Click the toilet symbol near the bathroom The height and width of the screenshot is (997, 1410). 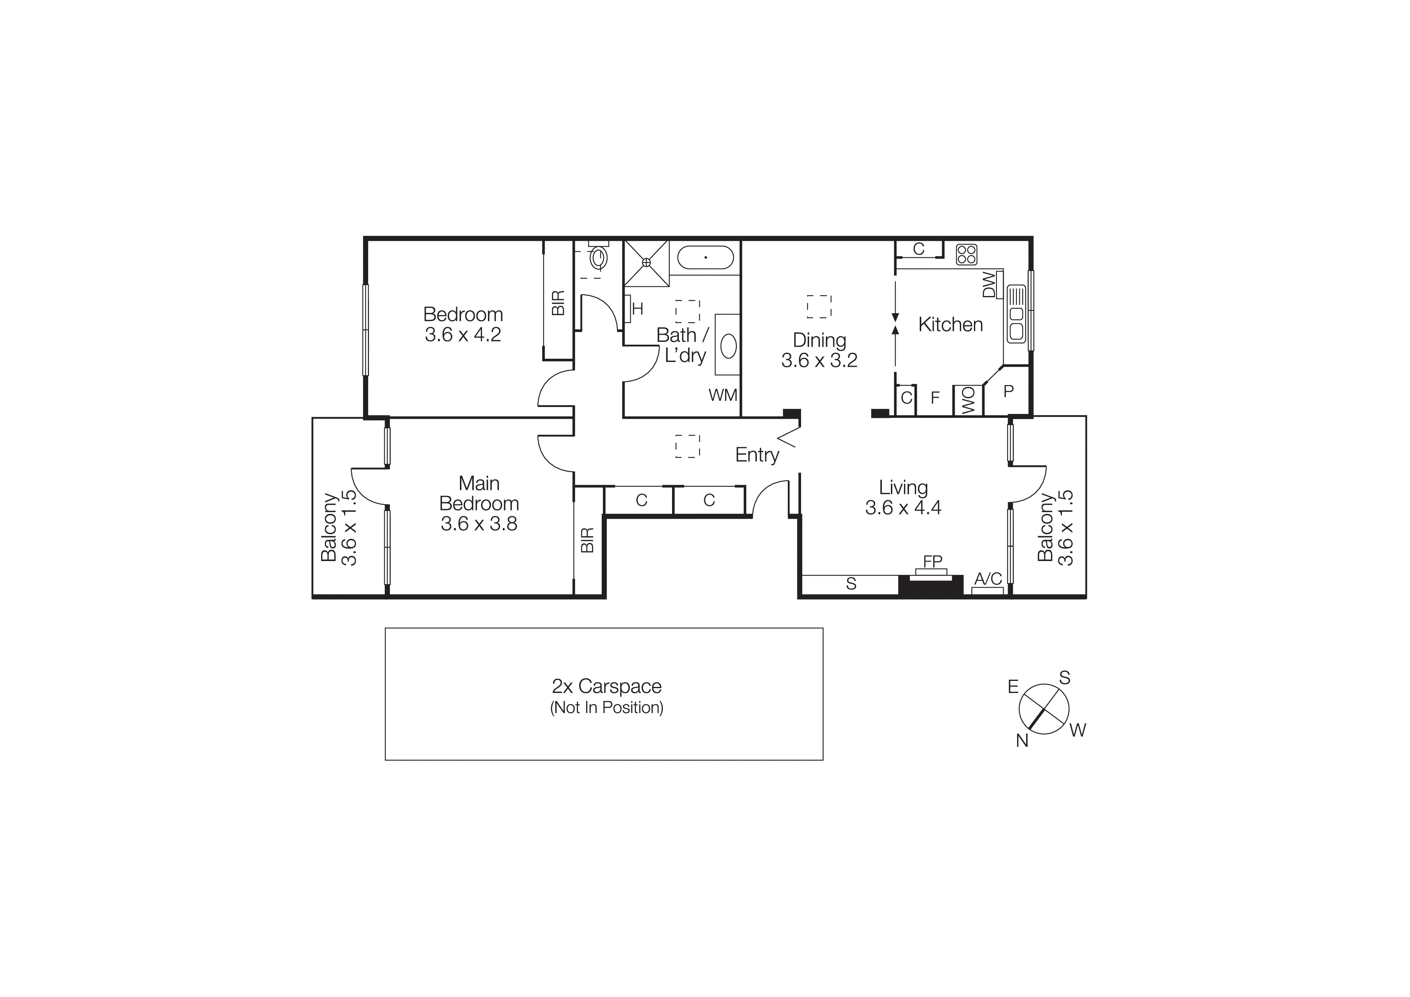click(598, 258)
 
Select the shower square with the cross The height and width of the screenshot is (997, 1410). click(646, 263)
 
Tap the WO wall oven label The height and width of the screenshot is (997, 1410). click(968, 400)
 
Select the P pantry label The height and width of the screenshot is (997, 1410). click(1008, 391)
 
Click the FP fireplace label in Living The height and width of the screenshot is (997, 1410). click(932, 561)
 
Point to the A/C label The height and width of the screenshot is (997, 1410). click(988, 579)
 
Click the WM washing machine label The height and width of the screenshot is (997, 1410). click(723, 395)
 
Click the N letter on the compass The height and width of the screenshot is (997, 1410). click(1022, 741)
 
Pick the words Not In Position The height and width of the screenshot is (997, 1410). click(607, 708)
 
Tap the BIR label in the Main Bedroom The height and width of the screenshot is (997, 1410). click(587, 540)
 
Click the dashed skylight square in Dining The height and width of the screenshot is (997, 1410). click(819, 306)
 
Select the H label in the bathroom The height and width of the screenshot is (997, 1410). click(637, 309)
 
